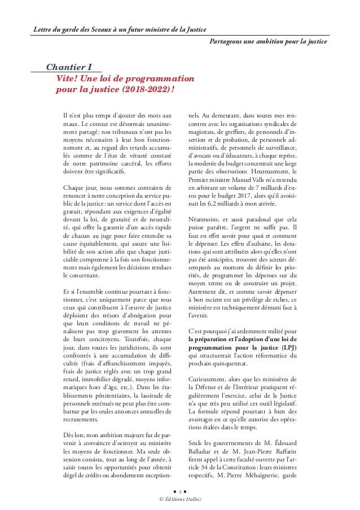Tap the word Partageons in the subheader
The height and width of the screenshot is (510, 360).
point(227,42)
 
